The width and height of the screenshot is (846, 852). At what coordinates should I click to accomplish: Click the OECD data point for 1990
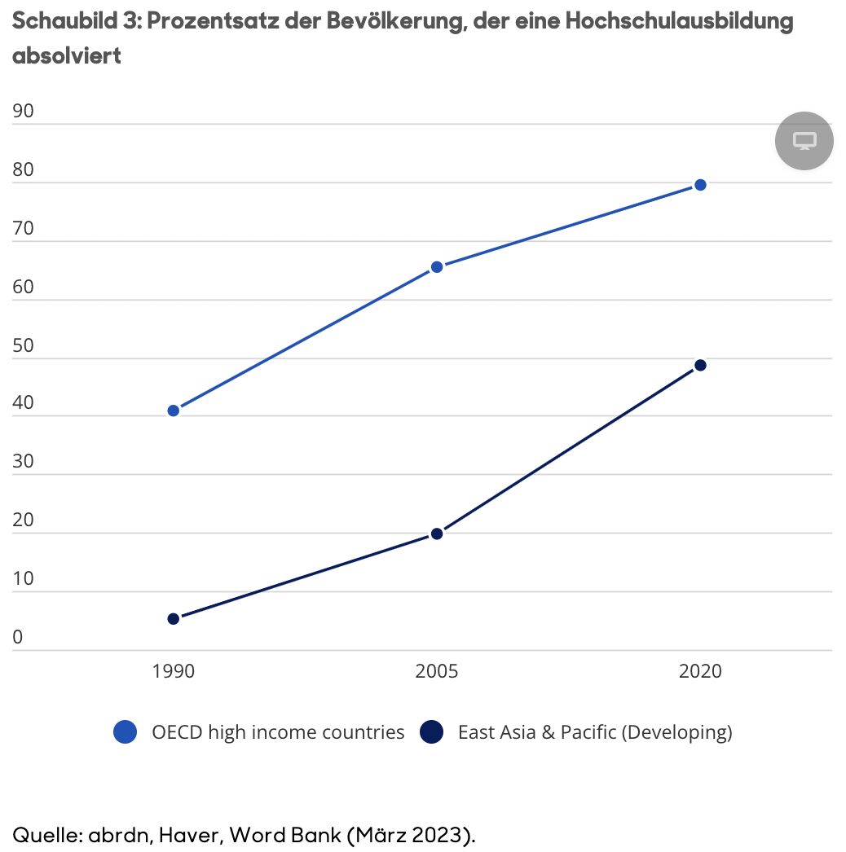pos(174,411)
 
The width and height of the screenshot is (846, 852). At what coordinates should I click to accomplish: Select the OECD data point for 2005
pos(437,266)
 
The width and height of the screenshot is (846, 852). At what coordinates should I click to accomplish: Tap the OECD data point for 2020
pos(700,185)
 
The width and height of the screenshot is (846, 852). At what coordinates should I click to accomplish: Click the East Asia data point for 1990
pos(174,619)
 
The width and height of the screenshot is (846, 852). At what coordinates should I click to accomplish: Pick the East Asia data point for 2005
pos(437,534)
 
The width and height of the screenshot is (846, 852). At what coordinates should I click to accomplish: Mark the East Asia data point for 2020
pos(700,365)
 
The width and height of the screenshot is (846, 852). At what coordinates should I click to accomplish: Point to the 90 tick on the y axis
pos(24,111)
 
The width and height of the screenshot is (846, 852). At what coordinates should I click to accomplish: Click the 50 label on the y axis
pos(24,345)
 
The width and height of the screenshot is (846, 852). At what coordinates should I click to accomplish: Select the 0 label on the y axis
pos(18,638)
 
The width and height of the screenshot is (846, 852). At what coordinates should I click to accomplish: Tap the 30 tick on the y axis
pos(24,462)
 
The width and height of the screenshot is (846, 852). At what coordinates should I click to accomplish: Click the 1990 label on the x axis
pos(174,671)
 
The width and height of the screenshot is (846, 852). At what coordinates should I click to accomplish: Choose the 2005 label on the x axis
pos(437,671)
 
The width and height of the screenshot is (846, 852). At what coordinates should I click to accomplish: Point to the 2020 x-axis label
pos(700,671)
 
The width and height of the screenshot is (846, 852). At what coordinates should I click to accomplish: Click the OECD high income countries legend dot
pos(126,732)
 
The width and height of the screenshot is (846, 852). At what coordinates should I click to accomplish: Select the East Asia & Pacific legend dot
pos(431,732)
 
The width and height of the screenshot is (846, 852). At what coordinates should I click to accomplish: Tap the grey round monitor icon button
pos(804,141)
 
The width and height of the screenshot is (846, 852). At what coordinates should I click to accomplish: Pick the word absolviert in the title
pos(67,56)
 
